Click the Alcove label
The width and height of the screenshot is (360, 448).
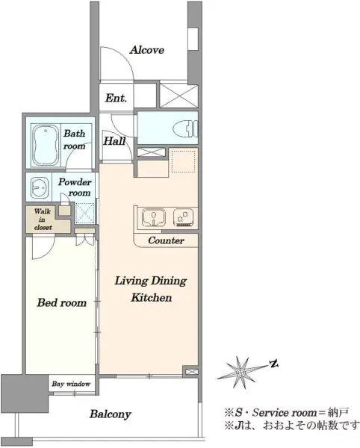147,50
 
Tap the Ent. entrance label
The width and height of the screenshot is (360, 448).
116,98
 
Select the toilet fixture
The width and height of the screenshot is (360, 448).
185,129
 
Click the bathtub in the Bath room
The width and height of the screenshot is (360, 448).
45,146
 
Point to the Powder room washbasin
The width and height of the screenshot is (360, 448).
40,187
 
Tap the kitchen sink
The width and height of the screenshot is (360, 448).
154,217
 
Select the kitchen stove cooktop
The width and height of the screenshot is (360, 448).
184,217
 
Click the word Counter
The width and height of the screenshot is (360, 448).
166,240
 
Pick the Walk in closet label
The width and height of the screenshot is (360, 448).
43,220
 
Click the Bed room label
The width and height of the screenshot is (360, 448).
62,302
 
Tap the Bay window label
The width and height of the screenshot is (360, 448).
71,384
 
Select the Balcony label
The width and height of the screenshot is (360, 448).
111,414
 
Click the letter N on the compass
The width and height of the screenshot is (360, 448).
274,364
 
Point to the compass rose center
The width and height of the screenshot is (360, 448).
240,373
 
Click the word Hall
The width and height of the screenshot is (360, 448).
114,141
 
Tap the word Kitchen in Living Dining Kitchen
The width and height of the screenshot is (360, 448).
152,298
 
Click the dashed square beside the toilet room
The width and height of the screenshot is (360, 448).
183,161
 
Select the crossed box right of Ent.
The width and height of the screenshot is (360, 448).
179,96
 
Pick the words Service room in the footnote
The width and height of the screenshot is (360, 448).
285,413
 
